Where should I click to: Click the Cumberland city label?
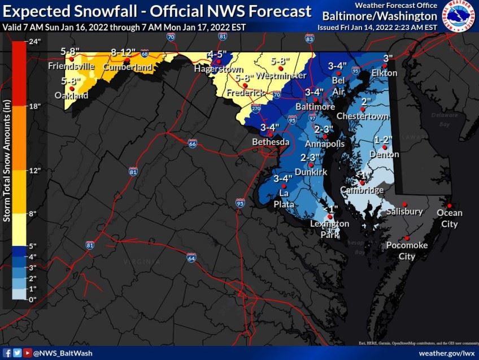[x=127, y=67]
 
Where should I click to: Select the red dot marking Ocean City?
[x=449, y=205]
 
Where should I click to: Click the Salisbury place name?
[x=404, y=211]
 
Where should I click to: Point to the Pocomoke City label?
[x=407, y=250]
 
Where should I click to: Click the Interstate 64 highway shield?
[x=192, y=257]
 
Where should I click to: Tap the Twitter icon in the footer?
[x=18, y=353]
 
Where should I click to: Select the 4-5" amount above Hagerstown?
[x=217, y=54]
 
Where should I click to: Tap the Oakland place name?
[x=72, y=96]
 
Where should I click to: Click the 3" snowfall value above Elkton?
[x=388, y=58]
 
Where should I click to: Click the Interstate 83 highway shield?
[x=309, y=38]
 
